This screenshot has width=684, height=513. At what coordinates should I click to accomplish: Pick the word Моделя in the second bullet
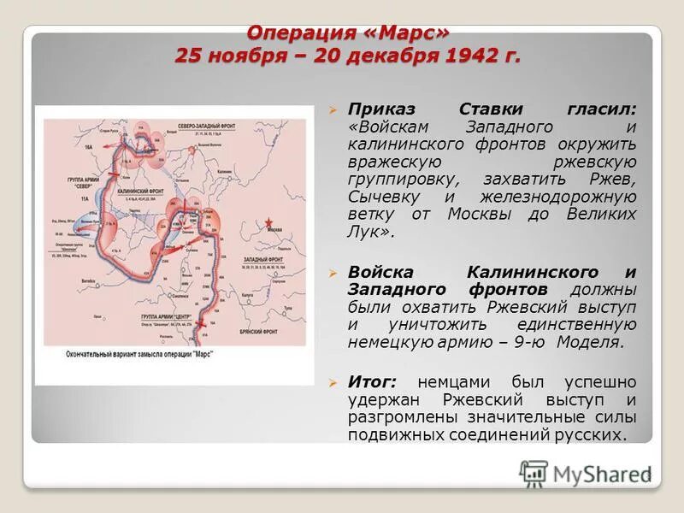coord(590,343)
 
